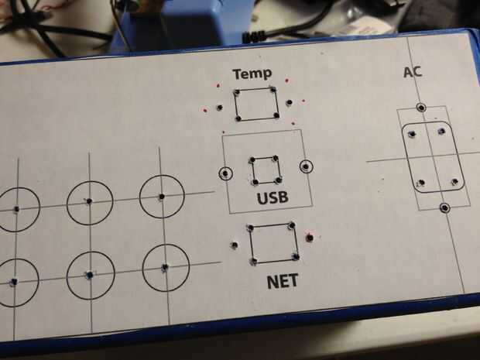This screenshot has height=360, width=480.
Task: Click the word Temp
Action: point(252,74)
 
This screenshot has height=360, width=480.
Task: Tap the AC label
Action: point(413,72)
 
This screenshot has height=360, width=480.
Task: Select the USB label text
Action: point(273,197)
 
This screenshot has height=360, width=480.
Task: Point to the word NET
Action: point(283,281)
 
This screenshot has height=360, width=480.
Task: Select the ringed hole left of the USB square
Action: point(225,173)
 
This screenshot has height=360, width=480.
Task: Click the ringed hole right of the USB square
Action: point(306,166)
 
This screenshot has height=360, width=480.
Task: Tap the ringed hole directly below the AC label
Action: point(421,108)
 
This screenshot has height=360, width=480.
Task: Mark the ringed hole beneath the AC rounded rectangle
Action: point(445,207)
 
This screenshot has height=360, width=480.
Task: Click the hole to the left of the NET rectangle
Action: point(235,245)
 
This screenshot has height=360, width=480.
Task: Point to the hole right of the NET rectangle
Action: point(310,237)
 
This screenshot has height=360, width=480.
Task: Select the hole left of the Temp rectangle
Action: point(220,108)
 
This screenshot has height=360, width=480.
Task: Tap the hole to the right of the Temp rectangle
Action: point(289,102)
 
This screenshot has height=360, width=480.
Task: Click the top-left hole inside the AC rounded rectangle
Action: point(412,134)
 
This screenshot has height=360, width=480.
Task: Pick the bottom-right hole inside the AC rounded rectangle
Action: point(455,181)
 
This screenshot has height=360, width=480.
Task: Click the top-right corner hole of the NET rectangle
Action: point(292,226)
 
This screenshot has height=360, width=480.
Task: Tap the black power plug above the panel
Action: point(253,37)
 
